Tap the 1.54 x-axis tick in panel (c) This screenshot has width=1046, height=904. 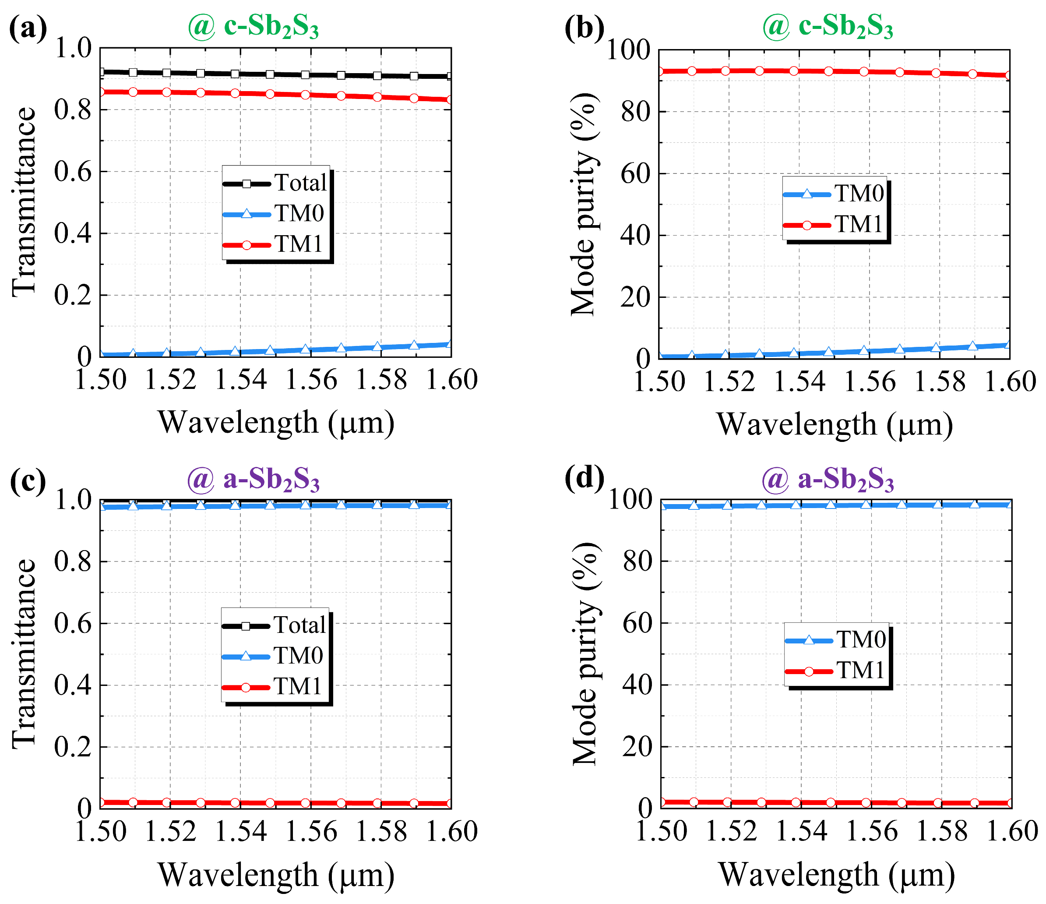(x=241, y=831)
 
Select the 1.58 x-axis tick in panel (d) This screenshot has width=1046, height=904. (x=942, y=831)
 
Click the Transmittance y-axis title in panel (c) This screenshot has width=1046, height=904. (x=24, y=653)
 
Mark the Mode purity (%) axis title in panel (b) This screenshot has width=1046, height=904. (x=584, y=205)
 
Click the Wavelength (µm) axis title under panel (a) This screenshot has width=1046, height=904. (x=276, y=422)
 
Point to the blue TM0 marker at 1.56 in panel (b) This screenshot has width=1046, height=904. (x=864, y=350)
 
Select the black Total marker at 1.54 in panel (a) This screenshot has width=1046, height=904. (x=235, y=74)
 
